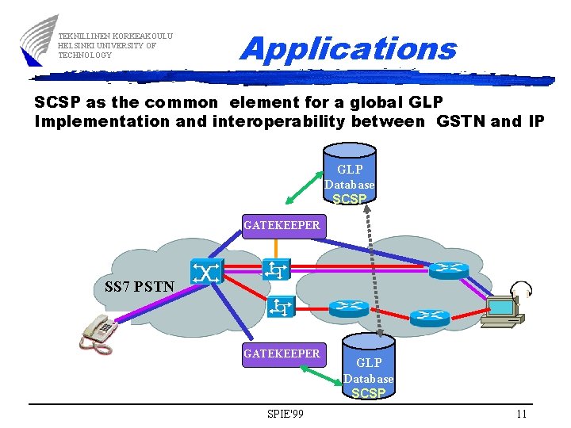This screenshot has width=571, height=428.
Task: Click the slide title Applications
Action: (348, 49)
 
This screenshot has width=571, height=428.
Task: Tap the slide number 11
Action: (521, 414)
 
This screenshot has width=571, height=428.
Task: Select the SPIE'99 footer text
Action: (285, 414)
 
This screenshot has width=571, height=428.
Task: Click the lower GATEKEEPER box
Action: (282, 353)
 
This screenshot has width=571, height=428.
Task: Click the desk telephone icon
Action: (98, 331)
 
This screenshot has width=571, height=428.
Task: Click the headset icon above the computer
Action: (521, 289)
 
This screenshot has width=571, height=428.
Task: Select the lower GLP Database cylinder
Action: (368, 369)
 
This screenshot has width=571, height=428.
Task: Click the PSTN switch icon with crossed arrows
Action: (206, 273)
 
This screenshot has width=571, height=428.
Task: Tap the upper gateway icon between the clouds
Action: (277, 269)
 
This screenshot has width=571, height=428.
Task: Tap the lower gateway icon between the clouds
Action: (281, 307)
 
